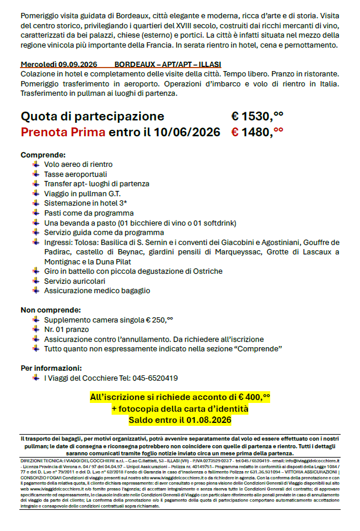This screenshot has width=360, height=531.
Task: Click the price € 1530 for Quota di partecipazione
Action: coord(257,116)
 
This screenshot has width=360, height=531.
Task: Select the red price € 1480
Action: coord(257,132)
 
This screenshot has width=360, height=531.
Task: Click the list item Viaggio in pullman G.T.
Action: coord(82,193)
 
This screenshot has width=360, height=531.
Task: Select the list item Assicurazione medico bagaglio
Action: coord(97,290)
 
